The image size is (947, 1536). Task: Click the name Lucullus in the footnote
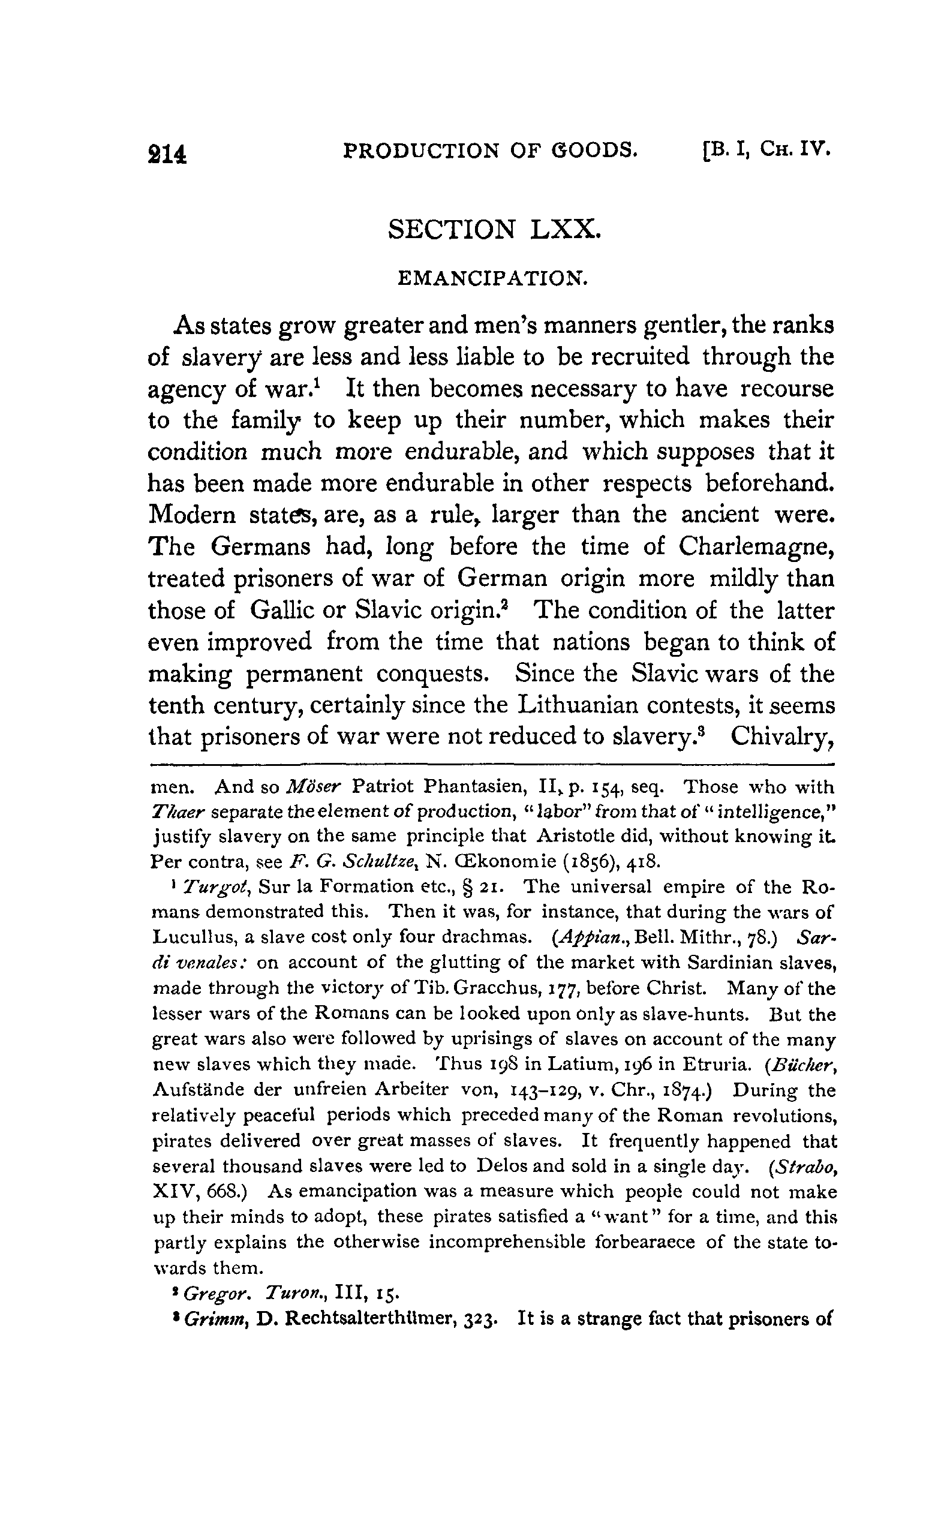(190, 939)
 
